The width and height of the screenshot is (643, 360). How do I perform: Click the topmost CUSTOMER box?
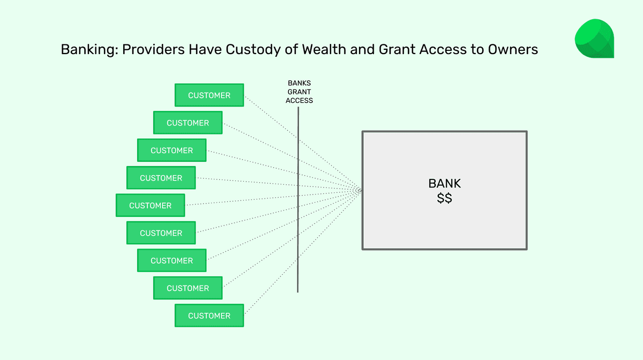tap(209, 95)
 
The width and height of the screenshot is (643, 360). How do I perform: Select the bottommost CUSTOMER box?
tap(209, 316)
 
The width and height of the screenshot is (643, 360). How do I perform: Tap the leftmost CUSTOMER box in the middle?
tap(150, 206)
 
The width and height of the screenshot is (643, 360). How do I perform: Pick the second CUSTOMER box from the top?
tap(188, 123)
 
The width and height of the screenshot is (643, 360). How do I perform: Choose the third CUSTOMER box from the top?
tap(171, 151)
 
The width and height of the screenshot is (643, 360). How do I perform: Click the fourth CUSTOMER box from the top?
tap(161, 178)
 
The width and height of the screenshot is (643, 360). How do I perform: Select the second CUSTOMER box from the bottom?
tap(188, 288)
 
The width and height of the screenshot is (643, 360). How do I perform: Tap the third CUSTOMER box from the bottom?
tap(171, 261)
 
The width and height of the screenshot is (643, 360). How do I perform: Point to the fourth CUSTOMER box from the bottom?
tap(161, 233)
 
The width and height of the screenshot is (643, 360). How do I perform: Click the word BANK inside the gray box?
tap(444, 184)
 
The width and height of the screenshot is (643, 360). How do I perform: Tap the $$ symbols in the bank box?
tap(444, 198)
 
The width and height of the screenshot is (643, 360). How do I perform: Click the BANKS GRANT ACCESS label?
tap(299, 92)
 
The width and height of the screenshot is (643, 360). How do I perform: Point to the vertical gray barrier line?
tap(298, 214)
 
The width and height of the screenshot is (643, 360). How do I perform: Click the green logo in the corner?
tap(594, 39)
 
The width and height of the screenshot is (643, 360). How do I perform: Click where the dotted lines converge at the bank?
tap(360, 190)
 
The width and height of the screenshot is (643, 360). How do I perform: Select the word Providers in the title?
tap(151, 50)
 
